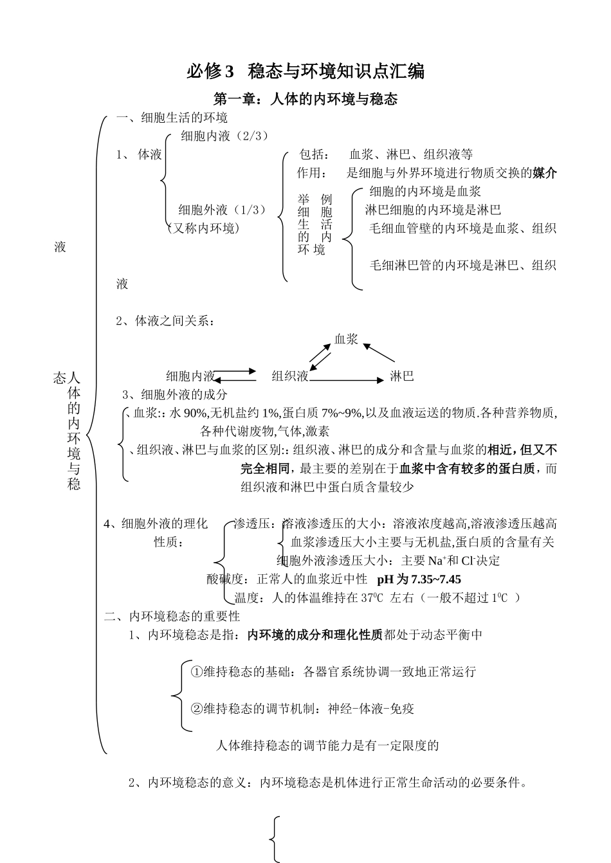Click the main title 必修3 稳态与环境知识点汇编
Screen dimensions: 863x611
(305, 71)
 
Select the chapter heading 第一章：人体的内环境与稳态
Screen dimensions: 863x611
(305, 99)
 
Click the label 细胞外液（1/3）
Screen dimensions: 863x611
(222, 210)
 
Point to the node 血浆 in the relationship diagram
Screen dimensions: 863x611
(346, 339)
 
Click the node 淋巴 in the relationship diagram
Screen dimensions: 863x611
(402, 376)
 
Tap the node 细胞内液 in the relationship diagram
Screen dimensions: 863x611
(190, 376)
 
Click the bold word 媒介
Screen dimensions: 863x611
(545, 172)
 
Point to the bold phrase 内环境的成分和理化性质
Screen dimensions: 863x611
(315, 635)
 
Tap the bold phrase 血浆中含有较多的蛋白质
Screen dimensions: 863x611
(467, 468)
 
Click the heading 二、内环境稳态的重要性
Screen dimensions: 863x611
(172, 616)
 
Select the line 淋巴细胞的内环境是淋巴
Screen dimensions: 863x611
(433, 210)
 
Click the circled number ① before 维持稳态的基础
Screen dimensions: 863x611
(197, 671)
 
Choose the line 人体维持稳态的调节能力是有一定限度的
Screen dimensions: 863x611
(327, 745)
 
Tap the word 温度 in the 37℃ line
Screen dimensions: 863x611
(248, 597)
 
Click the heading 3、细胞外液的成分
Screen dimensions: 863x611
(175, 394)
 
